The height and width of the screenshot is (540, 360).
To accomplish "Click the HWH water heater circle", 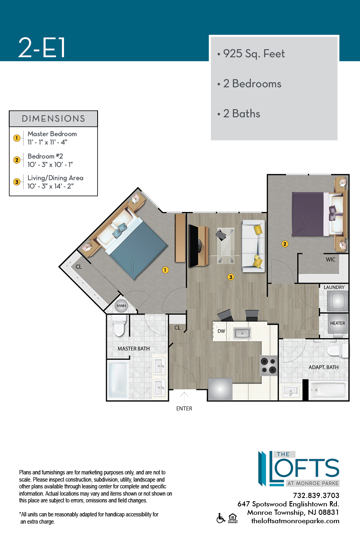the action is coord(121,306).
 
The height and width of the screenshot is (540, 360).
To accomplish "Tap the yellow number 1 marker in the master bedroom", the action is coord(165,270).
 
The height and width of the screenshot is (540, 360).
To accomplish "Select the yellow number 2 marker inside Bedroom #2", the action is coord(285,244).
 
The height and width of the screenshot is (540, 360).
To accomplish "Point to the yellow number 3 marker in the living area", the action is coord(231,277).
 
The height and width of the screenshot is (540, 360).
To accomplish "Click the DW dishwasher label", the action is coord(221,331).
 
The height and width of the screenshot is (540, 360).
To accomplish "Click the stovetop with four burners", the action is coord(269,366).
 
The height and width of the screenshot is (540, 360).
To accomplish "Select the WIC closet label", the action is coord(330,260).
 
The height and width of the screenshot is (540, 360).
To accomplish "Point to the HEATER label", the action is coord(337,323).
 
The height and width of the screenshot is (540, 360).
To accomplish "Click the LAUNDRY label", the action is coord(334,287).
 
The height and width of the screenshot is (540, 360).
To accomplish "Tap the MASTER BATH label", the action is coord(134,349).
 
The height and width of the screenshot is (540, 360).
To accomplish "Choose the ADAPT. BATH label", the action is coord(324,367).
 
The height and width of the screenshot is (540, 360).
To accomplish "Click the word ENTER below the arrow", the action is coord(184,409).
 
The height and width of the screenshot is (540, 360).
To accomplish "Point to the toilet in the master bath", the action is coord(119,325).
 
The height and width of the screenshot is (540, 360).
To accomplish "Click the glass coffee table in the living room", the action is coord(226,246).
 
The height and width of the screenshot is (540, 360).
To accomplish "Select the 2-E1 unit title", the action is coord(42,48).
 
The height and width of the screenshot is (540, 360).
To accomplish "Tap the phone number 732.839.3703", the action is coord(316,496).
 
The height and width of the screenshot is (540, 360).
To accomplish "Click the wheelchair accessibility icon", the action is coord(221,518).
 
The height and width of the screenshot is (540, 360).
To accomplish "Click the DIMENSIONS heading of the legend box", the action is coord(53,119).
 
